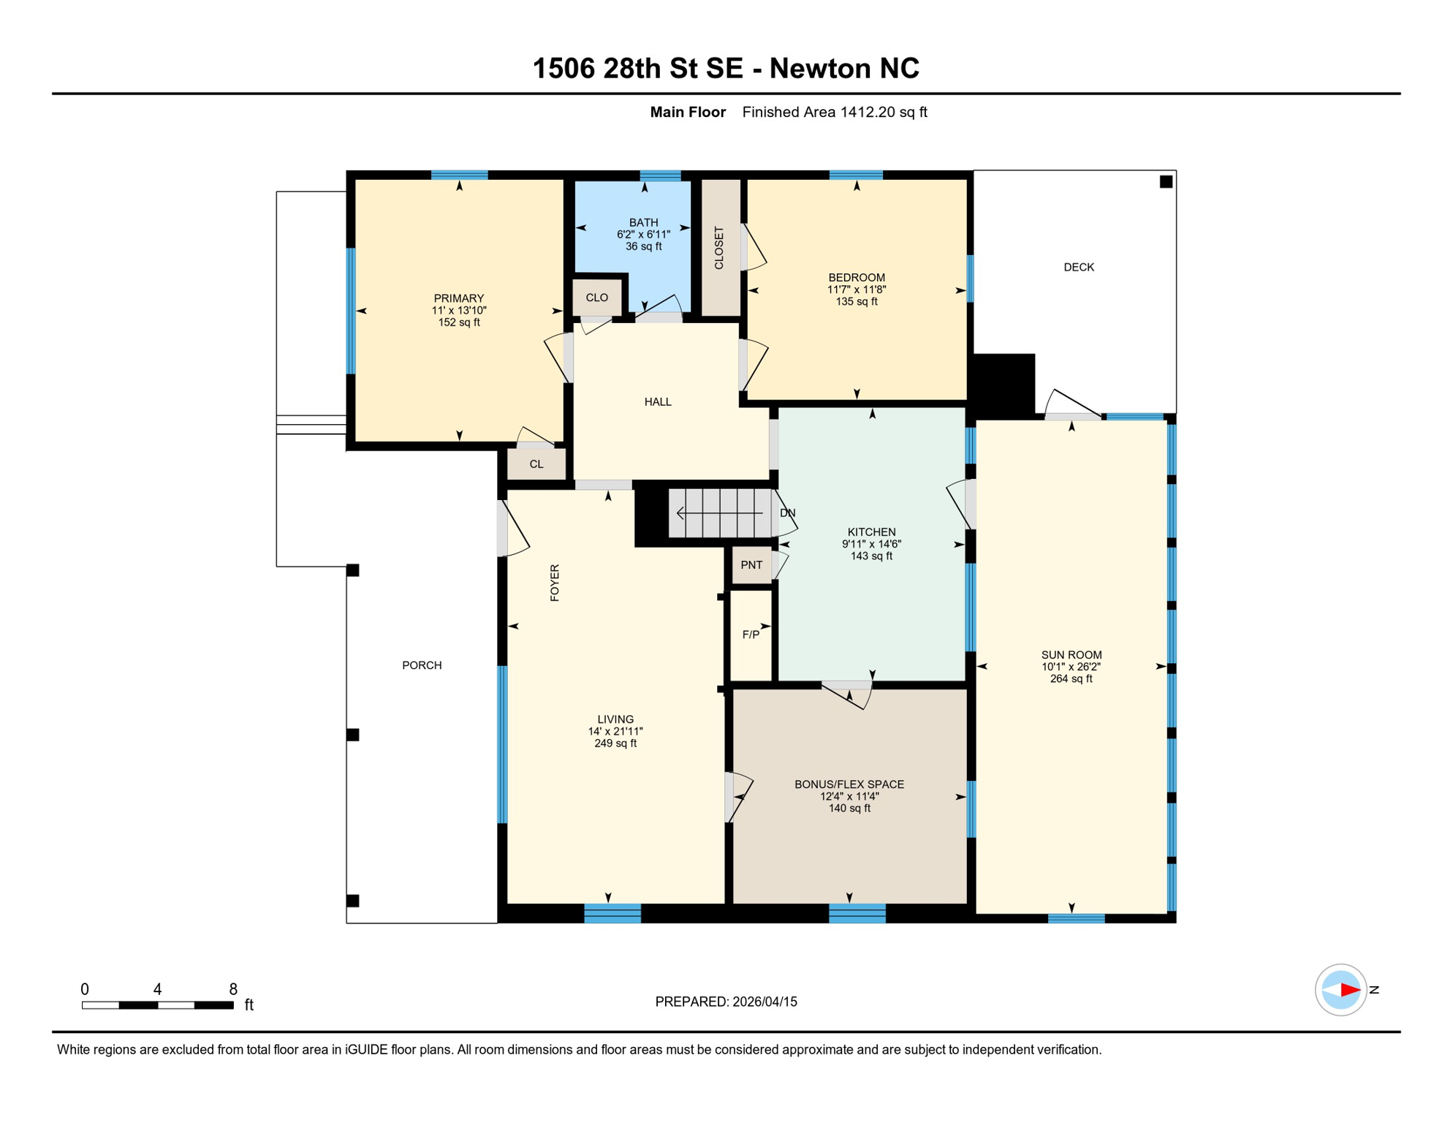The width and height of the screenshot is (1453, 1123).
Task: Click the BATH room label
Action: tap(643, 222)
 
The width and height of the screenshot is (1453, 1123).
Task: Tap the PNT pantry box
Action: tap(751, 565)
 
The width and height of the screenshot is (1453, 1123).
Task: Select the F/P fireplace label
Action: tap(751, 635)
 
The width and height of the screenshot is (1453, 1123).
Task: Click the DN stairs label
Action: tap(787, 513)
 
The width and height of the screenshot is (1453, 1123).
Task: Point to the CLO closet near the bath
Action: tap(596, 298)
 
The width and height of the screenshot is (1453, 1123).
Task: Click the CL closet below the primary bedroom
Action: tap(536, 464)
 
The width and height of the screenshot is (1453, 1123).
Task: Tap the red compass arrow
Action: tap(1350, 990)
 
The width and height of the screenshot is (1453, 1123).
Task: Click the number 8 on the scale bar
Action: tap(233, 989)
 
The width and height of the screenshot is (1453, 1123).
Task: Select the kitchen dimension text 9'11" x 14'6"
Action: tap(871, 544)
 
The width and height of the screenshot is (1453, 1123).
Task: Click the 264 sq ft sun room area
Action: tap(1071, 678)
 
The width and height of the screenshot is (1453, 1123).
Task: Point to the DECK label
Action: tap(1078, 268)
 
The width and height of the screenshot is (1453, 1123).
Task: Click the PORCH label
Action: tap(422, 665)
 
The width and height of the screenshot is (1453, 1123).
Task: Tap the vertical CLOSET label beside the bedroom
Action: tap(719, 248)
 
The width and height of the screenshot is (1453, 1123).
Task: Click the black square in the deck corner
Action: tap(1166, 182)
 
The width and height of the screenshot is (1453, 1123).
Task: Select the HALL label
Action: tap(658, 402)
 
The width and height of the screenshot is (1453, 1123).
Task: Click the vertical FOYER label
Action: tap(555, 583)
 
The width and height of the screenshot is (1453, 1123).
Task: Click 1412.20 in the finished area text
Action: tap(868, 113)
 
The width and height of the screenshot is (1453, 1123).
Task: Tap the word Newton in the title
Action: tap(819, 69)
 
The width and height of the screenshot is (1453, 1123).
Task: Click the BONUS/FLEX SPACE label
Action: tap(849, 784)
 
